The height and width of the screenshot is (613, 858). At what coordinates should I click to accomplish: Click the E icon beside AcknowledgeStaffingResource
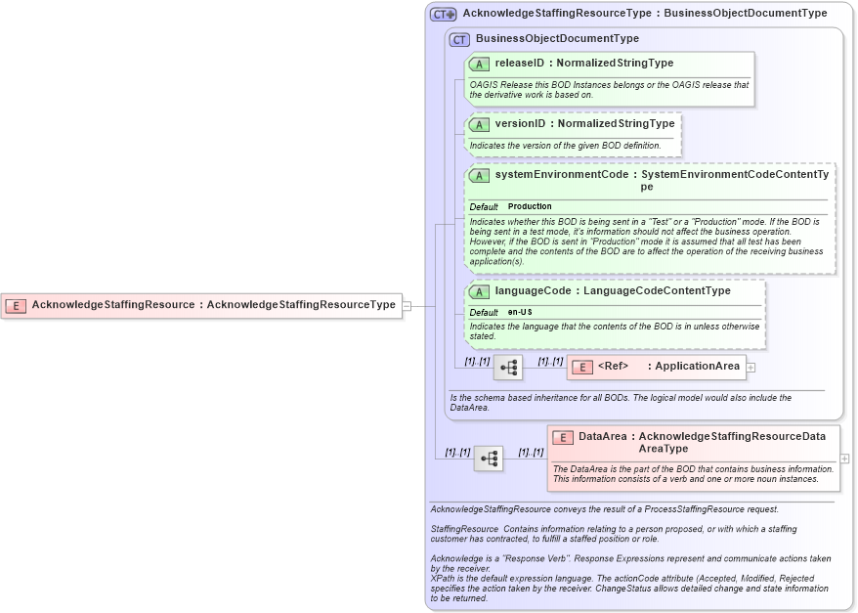pyautogui.click(x=16, y=305)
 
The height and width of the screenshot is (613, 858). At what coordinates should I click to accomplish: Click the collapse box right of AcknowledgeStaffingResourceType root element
pyautogui.click(x=407, y=305)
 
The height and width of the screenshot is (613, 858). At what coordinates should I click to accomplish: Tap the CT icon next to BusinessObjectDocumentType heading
pyautogui.click(x=460, y=39)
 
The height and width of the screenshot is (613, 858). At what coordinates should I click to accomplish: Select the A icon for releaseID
pyautogui.click(x=479, y=64)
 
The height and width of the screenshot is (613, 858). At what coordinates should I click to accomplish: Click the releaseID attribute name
pyautogui.click(x=519, y=64)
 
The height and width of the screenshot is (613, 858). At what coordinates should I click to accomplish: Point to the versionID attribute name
pyautogui.click(x=520, y=124)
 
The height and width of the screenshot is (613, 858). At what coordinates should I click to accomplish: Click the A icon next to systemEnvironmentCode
pyautogui.click(x=479, y=175)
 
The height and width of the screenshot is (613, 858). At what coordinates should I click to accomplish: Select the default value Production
pyautogui.click(x=530, y=206)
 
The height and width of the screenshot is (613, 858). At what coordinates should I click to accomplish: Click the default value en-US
pyautogui.click(x=520, y=312)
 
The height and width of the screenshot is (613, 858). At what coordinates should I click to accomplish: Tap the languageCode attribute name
pyautogui.click(x=532, y=290)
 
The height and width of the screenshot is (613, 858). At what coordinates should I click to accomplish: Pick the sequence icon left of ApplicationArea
pyautogui.click(x=508, y=368)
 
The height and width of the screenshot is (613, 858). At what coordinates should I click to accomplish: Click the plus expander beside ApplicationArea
pyautogui.click(x=751, y=368)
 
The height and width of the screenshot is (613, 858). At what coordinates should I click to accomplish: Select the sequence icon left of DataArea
pyautogui.click(x=489, y=458)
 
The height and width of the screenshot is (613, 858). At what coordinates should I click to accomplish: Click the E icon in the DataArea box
pyautogui.click(x=563, y=437)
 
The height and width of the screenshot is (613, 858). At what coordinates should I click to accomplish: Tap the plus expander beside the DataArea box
pyautogui.click(x=844, y=458)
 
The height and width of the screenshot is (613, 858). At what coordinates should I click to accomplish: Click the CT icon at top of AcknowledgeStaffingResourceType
pyautogui.click(x=443, y=14)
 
